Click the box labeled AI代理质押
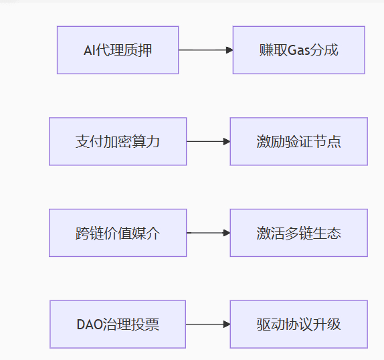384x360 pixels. click(x=118, y=50)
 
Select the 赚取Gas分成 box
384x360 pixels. click(x=299, y=50)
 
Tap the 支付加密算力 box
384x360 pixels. click(x=118, y=141)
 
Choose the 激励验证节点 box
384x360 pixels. click(x=299, y=141)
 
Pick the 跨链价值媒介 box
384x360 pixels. click(x=118, y=233)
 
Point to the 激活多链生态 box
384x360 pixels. click(x=299, y=233)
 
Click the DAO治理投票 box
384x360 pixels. click(x=118, y=325)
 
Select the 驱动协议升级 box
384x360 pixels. click(x=299, y=325)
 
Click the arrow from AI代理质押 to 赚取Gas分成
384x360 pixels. click(x=206, y=50)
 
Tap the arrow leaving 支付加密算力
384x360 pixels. click(x=209, y=141)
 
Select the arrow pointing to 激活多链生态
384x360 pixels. click(x=209, y=233)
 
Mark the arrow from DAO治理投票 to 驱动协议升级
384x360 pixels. click(x=208, y=325)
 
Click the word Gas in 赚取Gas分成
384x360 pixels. click(x=298, y=50)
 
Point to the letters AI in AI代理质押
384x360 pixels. click(x=90, y=50)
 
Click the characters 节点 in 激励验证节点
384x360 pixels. click(x=327, y=142)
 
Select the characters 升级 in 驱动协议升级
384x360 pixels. click(x=327, y=325)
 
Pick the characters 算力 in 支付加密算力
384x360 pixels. click(x=146, y=142)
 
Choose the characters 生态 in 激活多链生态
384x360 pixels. click(x=327, y=233)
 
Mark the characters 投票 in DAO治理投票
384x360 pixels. click(x=145, y=325)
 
